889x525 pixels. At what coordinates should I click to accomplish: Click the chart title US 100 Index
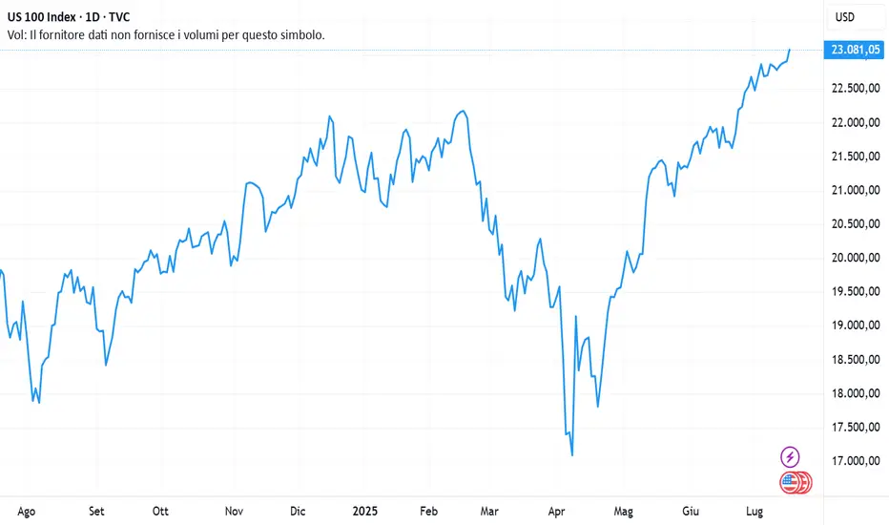[49, 17]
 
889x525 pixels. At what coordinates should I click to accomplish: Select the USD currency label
[844, 17]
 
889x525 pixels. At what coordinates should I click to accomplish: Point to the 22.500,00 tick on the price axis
[855, 89]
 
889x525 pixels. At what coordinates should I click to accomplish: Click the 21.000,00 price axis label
[855, 190]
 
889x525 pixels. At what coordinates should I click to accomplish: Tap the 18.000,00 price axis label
[855, 393]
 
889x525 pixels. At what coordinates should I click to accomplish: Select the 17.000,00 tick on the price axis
[855, 461]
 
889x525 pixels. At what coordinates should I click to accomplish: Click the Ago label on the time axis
[27, 511]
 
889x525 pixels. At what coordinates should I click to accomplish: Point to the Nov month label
[234, 511]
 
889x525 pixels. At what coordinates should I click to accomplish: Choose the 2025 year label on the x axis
[365, 511]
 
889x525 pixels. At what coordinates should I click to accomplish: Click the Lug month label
[755, 511]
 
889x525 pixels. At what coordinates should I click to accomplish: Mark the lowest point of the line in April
[572, 455]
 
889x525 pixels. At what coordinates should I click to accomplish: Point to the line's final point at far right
[790, 49]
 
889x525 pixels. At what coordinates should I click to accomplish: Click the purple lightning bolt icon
[790, 456]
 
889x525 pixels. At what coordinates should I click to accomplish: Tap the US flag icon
[790, 483]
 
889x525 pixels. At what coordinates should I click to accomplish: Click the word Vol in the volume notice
[18, 35]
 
